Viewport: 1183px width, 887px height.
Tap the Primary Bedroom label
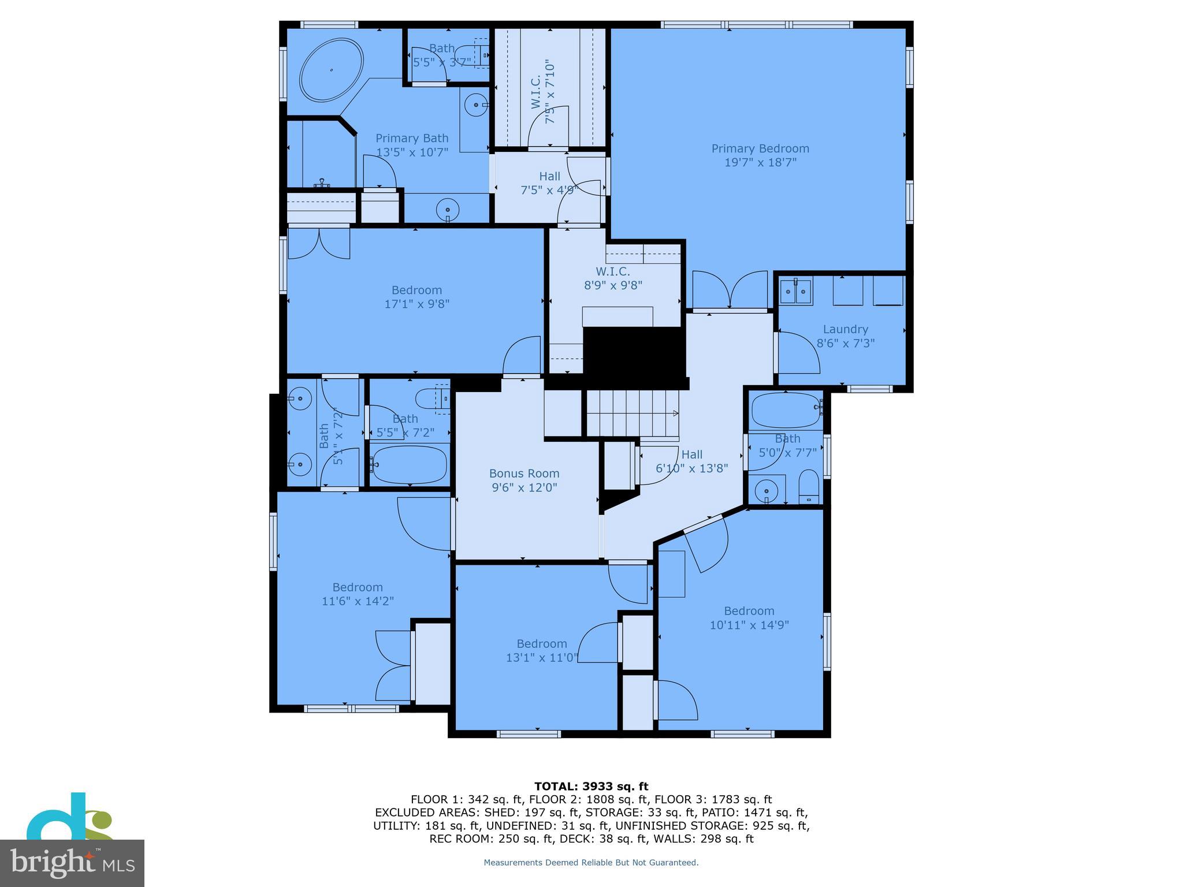pyautogui.click(x=760, y=149)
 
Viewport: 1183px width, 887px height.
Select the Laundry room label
pyautogui.click(x=845, y=329)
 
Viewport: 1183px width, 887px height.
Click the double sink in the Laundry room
pyautogui.click(x=796, y=292)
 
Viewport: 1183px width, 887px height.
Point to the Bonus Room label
pyautogui.click(x=524, y=474)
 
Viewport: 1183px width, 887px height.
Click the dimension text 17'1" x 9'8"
pyautogui.click(x=416, y=304)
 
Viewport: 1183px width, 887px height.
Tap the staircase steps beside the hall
pyautogui.click(x=633, y=412)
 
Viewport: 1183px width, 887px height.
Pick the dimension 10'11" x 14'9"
pyautogui.click(x=749, y=625)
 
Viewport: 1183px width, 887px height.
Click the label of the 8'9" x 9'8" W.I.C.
pyautogui.click(x=613, y=271)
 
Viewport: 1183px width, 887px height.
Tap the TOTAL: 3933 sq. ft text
pyautogui.click(x=591, y=786)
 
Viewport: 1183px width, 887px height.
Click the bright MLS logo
pyautogui.click(x=72, y=863)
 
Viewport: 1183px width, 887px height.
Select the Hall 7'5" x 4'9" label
pyautogui.click(x=549, y=177)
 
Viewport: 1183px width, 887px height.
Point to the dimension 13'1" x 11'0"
pyautogui.click(x=542, y=657)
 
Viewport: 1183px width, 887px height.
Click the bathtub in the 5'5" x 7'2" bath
pyautogui.click(x=410, y=464)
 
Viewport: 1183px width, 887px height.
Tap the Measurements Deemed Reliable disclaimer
pyautogui.click(x=591, y=863)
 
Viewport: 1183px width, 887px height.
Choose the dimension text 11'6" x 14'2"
pyautogui.click(x=358, y=601)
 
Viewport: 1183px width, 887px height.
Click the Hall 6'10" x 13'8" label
pyautogui.click(x=691, y=455)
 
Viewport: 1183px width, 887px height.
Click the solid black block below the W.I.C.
pyautogui.click(x=634, y=352)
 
